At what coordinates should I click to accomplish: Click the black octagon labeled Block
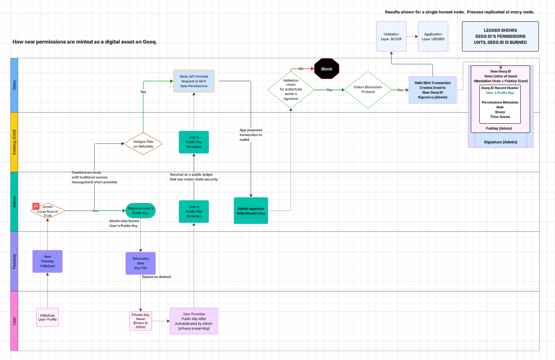(x=327, y=69)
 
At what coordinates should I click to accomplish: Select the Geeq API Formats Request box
(x=194, y=81)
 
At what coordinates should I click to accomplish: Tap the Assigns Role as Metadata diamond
(x=143, y=144)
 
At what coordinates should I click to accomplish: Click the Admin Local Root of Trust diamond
(x=48, y=211)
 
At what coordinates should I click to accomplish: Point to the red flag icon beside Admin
(x=36, y=206)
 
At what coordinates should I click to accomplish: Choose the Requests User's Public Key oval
(x=140, y=211)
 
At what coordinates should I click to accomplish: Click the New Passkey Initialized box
(x=47, y=261)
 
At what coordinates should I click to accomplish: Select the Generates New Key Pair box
(x=140, y=263)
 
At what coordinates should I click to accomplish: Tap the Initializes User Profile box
(x=47, y=318)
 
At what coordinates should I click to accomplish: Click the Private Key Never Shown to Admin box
(x=140, y=321)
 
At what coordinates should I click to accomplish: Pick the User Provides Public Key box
(x=194, y=321)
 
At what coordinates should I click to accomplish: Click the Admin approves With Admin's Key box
(x=251, y=211)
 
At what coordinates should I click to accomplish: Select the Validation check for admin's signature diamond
(x=291, y=90)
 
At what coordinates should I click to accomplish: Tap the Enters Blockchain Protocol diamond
(x=368, y=90)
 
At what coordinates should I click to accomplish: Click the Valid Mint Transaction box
(x=432, y=90)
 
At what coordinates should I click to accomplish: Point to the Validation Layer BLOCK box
(x=391, y=37)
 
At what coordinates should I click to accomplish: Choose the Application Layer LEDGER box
(x=433, y=37)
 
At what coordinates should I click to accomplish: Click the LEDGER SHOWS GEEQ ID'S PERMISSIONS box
(x=500, y=37)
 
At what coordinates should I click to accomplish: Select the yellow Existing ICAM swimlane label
(x=14, y=142)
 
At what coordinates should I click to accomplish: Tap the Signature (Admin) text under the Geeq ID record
(x=500, y=142)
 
